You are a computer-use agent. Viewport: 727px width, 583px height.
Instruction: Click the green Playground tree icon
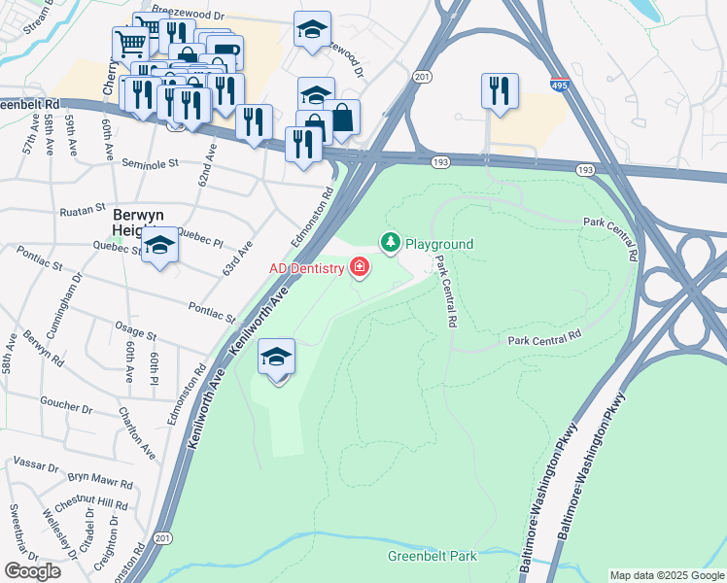click(391, 242)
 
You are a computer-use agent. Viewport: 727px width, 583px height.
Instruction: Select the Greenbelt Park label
click(432, 557)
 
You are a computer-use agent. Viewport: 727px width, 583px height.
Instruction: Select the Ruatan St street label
click(82, 209)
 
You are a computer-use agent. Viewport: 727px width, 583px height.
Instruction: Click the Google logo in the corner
click(32, 570)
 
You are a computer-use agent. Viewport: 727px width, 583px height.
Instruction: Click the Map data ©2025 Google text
click(667, 575)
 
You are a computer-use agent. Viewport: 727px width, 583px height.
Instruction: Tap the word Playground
click(438, 244)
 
